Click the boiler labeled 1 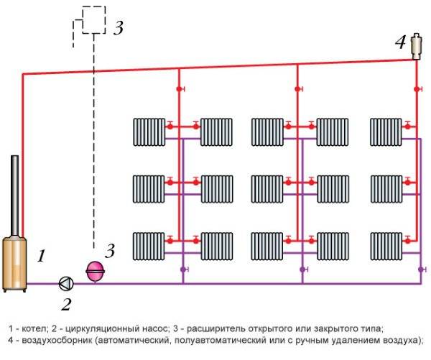coord(14,264)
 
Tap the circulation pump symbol coord(66,284)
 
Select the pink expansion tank coord(95,272)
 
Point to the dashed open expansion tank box coord(93,20)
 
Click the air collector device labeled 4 coord(417,46)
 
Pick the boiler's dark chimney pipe coord(15,196)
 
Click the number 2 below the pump coord(66,305)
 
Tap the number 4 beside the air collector coord(400,42)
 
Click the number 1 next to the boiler coord(41,256)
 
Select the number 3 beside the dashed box coord(119,28)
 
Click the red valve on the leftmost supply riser coord(180,89)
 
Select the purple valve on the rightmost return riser coord(422,269)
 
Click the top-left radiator coord(149,132)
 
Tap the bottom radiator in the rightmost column coord(386,246)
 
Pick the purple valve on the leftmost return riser coord(184,269)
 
